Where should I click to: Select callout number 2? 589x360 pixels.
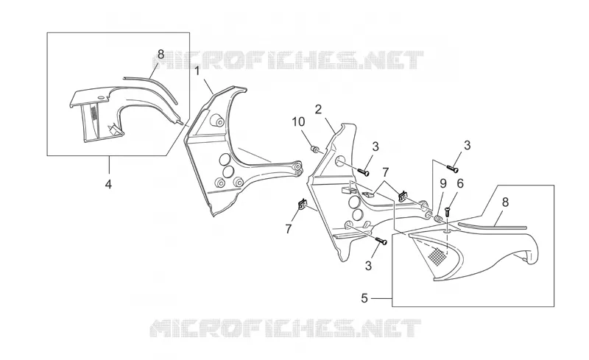(318, 110)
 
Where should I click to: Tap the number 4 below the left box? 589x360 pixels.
(108, 184)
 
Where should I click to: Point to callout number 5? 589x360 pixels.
(364, 298)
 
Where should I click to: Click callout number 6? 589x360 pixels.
(460, 183)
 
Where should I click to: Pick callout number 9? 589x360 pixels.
(443, 183)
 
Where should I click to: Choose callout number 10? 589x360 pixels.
(299, 121)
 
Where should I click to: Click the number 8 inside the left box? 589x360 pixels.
(161, 54)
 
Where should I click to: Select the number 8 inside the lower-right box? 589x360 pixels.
(505, 202)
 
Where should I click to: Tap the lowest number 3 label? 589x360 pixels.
(368, 265)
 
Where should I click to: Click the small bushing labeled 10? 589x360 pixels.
(315, 149)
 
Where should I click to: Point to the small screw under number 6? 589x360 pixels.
(447, 211)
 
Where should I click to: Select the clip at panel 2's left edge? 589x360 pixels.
(302, 205)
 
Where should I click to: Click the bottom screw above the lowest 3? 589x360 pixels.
(381, 241)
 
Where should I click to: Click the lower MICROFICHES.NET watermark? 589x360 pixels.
(286, 328)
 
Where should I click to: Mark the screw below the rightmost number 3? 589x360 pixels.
(452, 169)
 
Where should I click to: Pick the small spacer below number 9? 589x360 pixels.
(437, 219)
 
